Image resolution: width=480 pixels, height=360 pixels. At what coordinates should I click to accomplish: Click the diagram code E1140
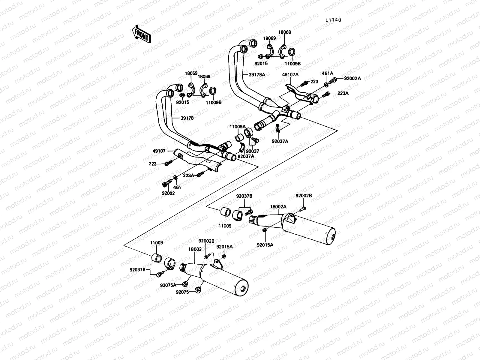coord(334,20)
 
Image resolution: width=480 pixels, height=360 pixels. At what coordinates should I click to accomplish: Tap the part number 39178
coord(187,118)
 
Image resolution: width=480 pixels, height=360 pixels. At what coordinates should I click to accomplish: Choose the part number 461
coord(177,187)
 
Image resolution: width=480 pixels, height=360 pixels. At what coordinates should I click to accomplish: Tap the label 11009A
coord(238,127)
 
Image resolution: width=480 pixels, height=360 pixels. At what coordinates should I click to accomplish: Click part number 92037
coord(252,151)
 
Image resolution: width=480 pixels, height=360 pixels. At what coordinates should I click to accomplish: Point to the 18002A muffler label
coord(278,207)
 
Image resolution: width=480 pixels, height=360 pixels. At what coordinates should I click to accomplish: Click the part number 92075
coord(182,292)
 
